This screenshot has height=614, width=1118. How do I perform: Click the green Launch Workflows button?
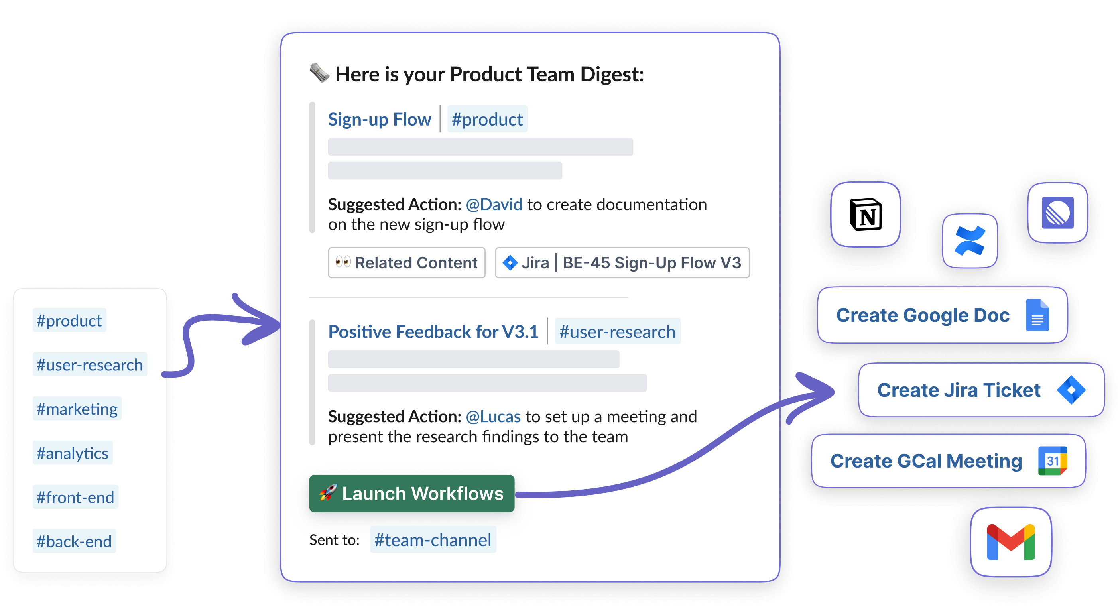click(x=411, y=493)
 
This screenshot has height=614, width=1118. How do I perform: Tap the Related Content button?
click(x=406, y=262)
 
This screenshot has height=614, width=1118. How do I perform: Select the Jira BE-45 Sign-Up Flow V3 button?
click(x=622, y=262)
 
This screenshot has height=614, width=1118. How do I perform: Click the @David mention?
click(x=494, y=205)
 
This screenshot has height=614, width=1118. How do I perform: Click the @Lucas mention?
click(x=493, y=417)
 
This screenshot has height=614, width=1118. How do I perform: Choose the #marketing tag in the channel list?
click(x=77, y=409)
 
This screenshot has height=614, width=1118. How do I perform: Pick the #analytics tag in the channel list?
click(x=73, y=453)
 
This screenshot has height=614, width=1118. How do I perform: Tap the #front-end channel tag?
click(x=75, y=497)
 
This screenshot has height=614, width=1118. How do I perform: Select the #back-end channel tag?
click(x=74, y=541)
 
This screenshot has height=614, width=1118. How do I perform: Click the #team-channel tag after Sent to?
click(x=433, y=540)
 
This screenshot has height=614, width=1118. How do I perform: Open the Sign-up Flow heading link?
click(x=379, y=119)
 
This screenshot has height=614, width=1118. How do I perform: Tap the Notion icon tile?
click(x=865, y=215)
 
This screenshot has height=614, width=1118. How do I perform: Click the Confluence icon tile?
click(x=970, y=241)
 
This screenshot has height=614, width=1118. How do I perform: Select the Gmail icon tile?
click(x=1011, y=542)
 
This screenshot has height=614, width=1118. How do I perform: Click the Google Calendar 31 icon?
click(x=1053, y=461)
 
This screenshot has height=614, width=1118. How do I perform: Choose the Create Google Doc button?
click(x=942, y=315)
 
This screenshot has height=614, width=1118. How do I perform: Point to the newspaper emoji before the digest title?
click(x=319, y=73)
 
